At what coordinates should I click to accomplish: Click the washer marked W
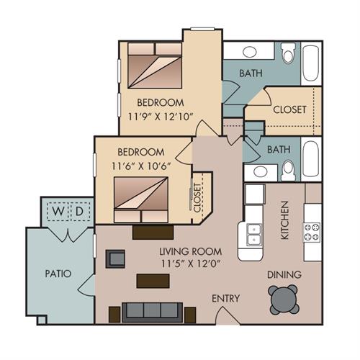click(x=58, y=212)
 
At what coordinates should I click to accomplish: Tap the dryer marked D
click(x=80, y=212)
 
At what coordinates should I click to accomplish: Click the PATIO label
click(x=58, y=274)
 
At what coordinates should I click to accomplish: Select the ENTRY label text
click(x=225, y=298)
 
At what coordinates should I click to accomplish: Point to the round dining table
click(x=284, y=300)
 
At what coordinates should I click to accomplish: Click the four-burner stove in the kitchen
click(x=312, y=232)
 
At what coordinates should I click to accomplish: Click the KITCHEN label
click(x=284, y=220)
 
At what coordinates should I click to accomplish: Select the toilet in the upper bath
click(x=288, y=53)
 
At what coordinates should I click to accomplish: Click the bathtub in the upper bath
click(x=311, y=63)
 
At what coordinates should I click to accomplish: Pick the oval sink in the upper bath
click(x=250, y=52)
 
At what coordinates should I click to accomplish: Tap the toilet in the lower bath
click(x=288, y=170)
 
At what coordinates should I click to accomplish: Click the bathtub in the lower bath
click(x=311, y=159)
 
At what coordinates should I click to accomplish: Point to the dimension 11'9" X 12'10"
click(x=161, y=117)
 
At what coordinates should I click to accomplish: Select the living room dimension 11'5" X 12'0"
click(x=191, y=264)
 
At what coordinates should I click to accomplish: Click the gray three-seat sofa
click(x=152, y=312)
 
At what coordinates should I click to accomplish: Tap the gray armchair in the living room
click(x=115, y=258)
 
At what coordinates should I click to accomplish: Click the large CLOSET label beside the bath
click(x=289, y=109)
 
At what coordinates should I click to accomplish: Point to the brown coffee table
click(x=153, y=281)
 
